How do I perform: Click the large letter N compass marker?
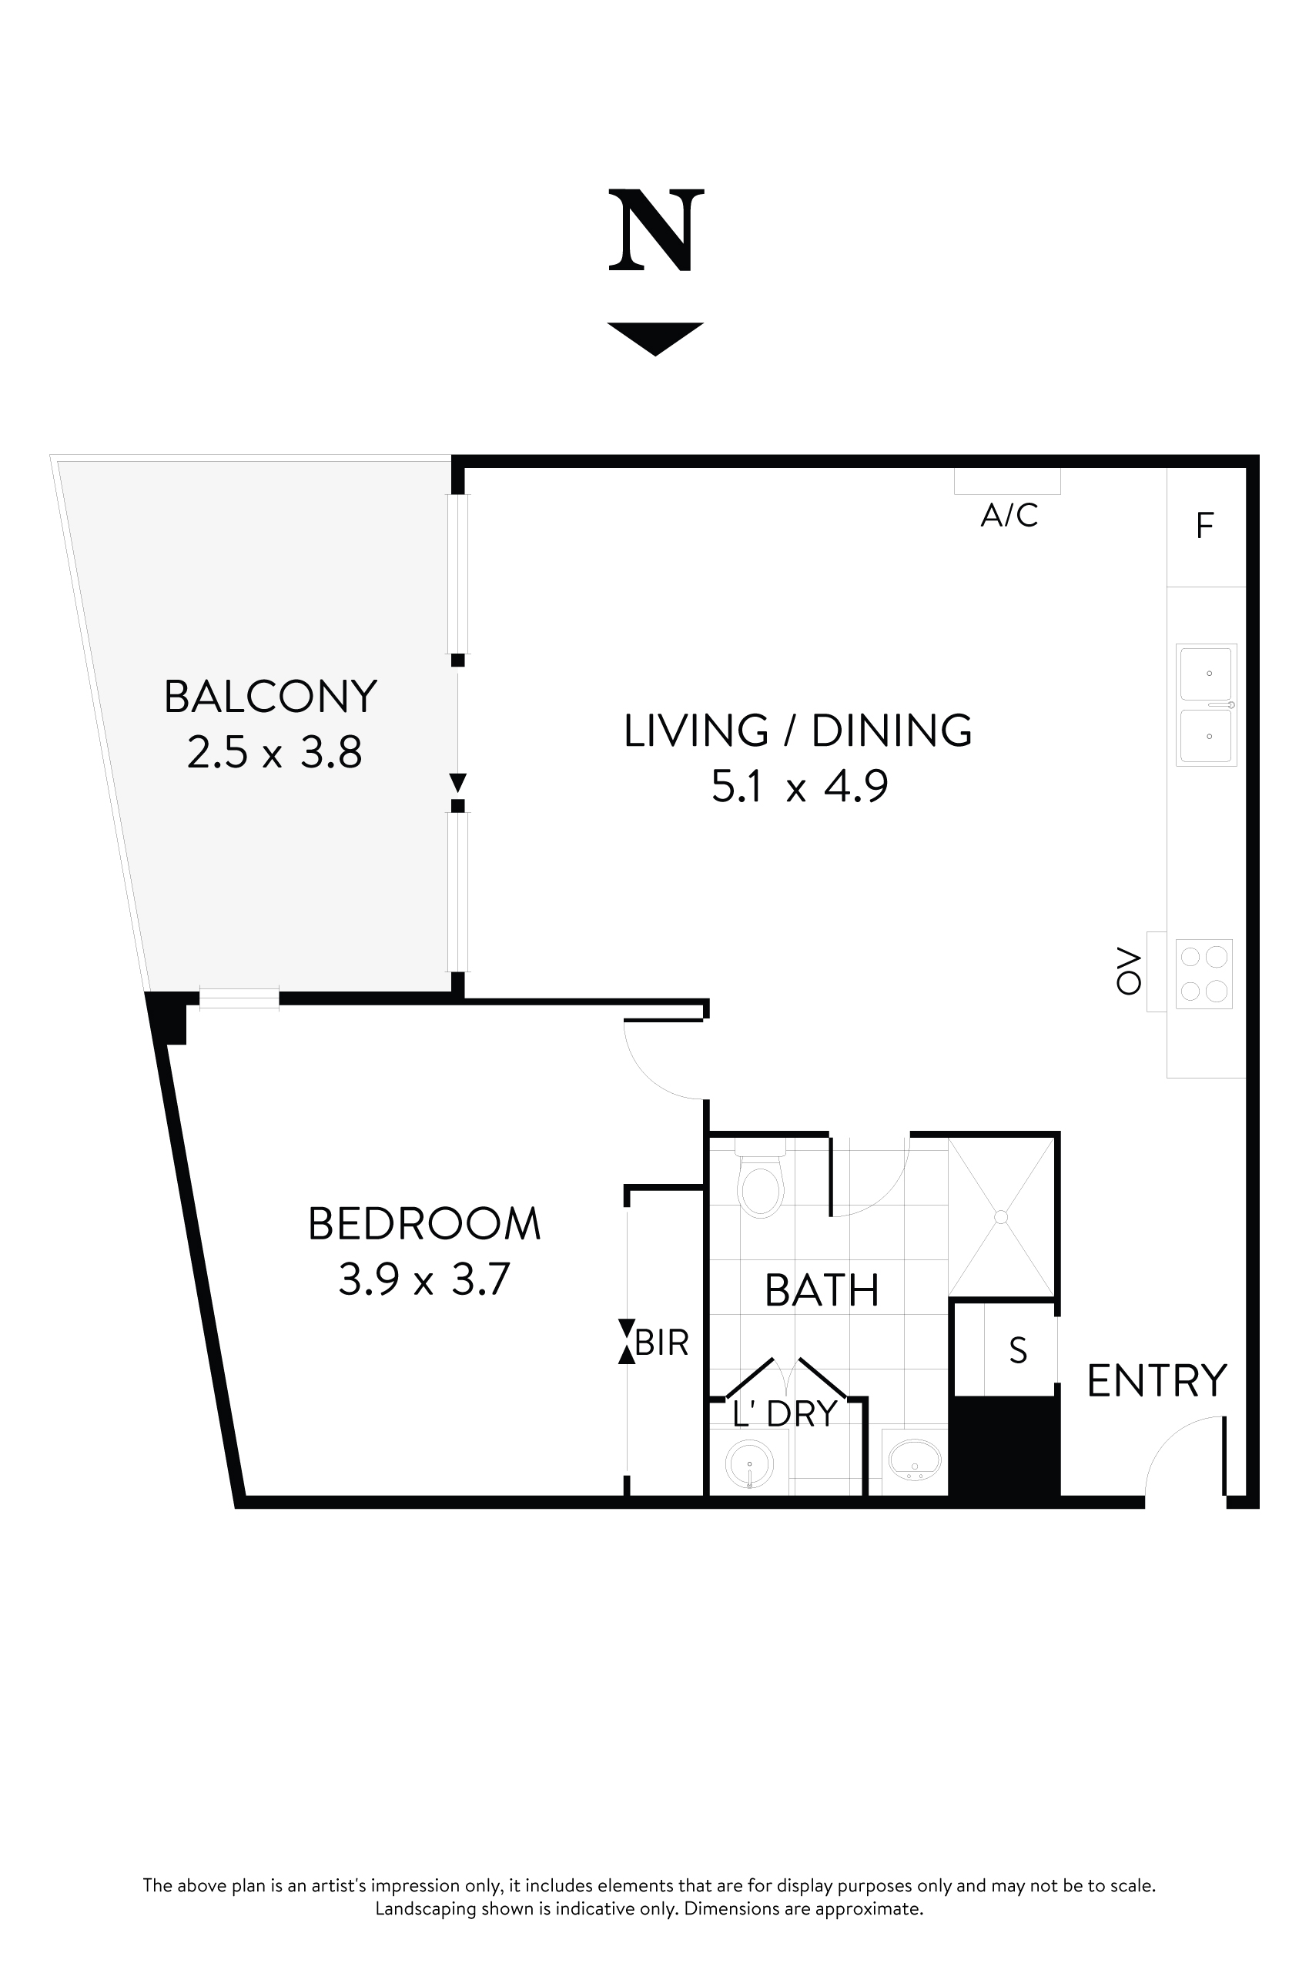(x=655, y=229)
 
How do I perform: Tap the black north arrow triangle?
(x=655, y=336)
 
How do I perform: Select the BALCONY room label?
(x=270, y=697)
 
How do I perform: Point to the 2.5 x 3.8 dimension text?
(x=274, y=752)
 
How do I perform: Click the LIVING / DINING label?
(x=797, y=731)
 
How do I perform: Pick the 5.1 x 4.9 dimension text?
(x=799, y=786)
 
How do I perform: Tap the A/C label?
(x=1009, y=515)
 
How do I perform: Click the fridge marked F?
(x=1204, y=526)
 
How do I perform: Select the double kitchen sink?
(x=1207, y=705)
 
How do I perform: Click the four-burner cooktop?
(x=1204, y=973)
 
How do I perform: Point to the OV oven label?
(x=1129, y=971)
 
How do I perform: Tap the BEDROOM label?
(x=424, y=1223)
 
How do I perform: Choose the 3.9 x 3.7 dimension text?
(x=424, y=1279)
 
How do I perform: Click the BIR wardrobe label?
(x=661, y=1343)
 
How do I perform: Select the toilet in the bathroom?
(x=761, y=1183)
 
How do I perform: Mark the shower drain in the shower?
(x=1001, y=1218)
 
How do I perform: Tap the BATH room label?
(x=822, y=1290)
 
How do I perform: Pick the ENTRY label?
(x=1157, y=1380)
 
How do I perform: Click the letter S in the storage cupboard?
(x=1018, y=1349)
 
